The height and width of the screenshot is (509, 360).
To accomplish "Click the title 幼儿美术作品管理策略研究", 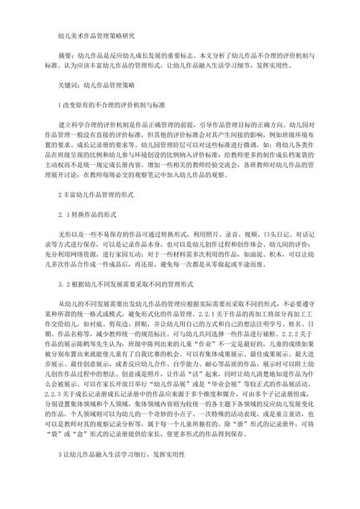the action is pos(94,34).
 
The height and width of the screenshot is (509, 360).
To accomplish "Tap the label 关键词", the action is pos(68,84).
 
